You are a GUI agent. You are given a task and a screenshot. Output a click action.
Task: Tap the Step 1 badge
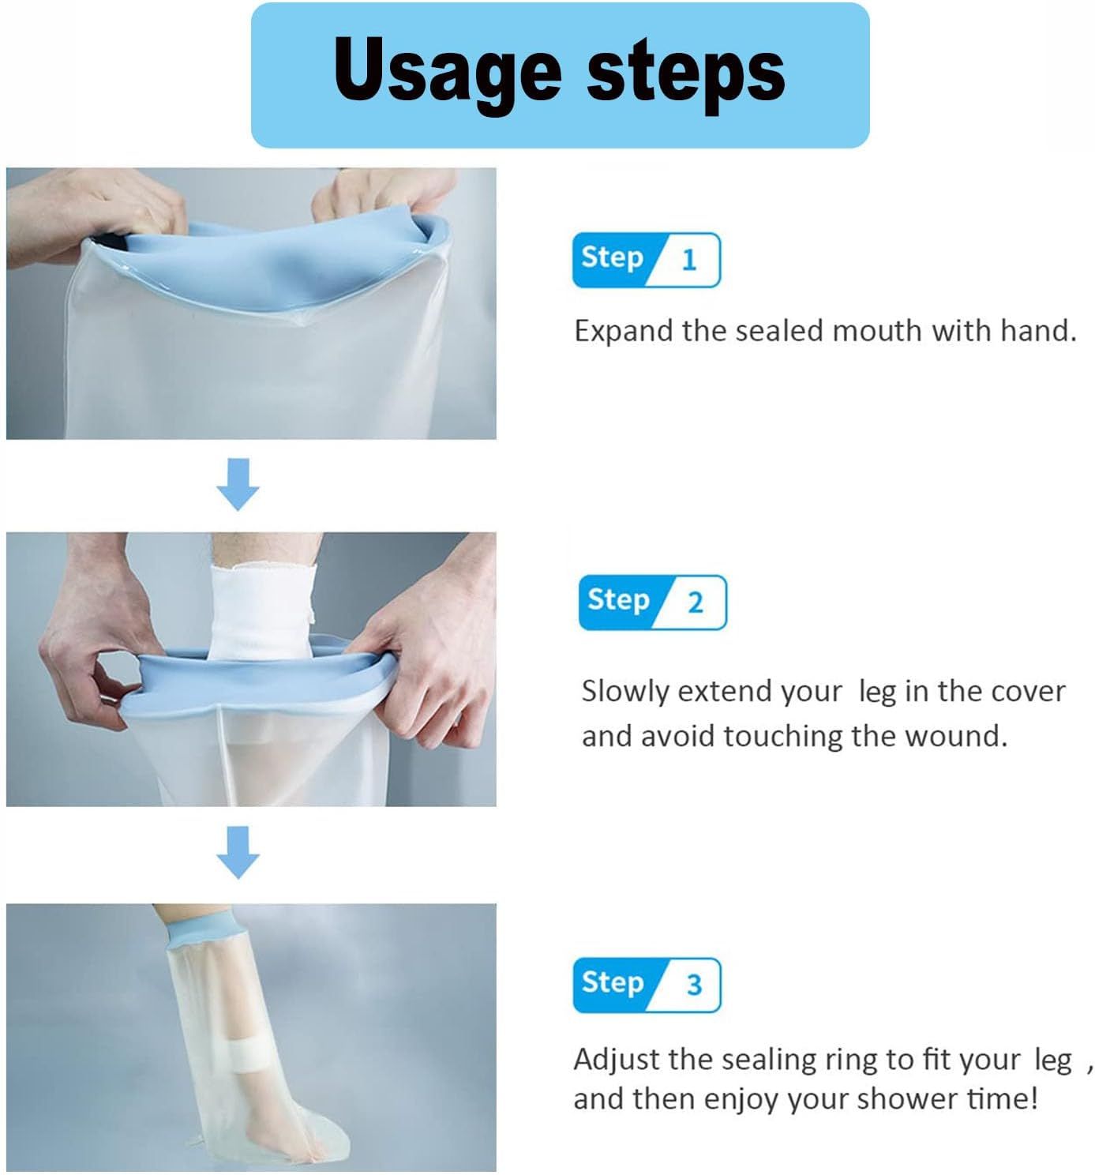point(646,260)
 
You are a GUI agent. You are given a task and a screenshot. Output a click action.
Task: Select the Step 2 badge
point(651,603)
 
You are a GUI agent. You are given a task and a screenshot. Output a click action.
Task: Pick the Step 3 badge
point(646,985)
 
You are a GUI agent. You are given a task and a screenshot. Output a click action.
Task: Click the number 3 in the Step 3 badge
point(693,985)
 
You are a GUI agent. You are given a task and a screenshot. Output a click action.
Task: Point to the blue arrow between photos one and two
point(238,484)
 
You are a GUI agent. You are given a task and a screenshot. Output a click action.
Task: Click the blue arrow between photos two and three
point(238,852)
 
